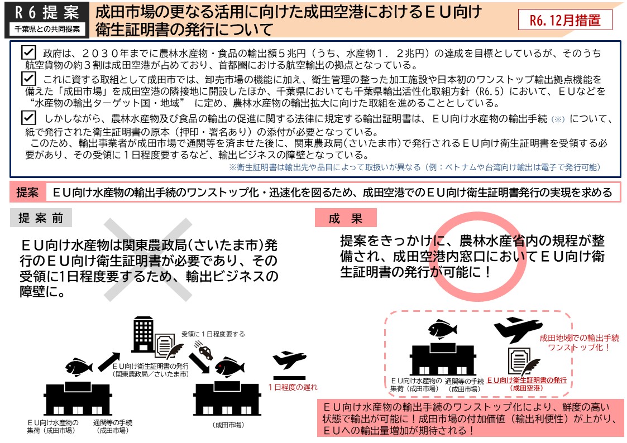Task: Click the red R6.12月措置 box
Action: tap(565, 20)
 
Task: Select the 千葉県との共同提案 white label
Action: tap(47, 29)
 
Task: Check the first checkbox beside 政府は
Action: tap(29, 52)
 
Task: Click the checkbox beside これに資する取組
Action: tap(29, 78)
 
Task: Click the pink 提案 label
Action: tap(27, 192)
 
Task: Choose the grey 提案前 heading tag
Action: tap(41, 218)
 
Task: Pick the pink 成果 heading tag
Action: tap(346, 218)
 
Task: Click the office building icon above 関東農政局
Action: tap(143, 334)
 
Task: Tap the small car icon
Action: tap(205, 352)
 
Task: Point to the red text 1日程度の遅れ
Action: tap(293, 387)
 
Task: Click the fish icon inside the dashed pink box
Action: tap(443, 329)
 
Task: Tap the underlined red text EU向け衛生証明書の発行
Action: tap(527, 380)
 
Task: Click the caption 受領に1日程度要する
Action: tap(213, 334)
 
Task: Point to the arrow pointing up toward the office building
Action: tap(109, 361)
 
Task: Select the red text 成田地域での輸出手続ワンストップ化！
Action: tap(580, 343)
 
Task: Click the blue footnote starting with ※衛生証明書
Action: tap(415, 167)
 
